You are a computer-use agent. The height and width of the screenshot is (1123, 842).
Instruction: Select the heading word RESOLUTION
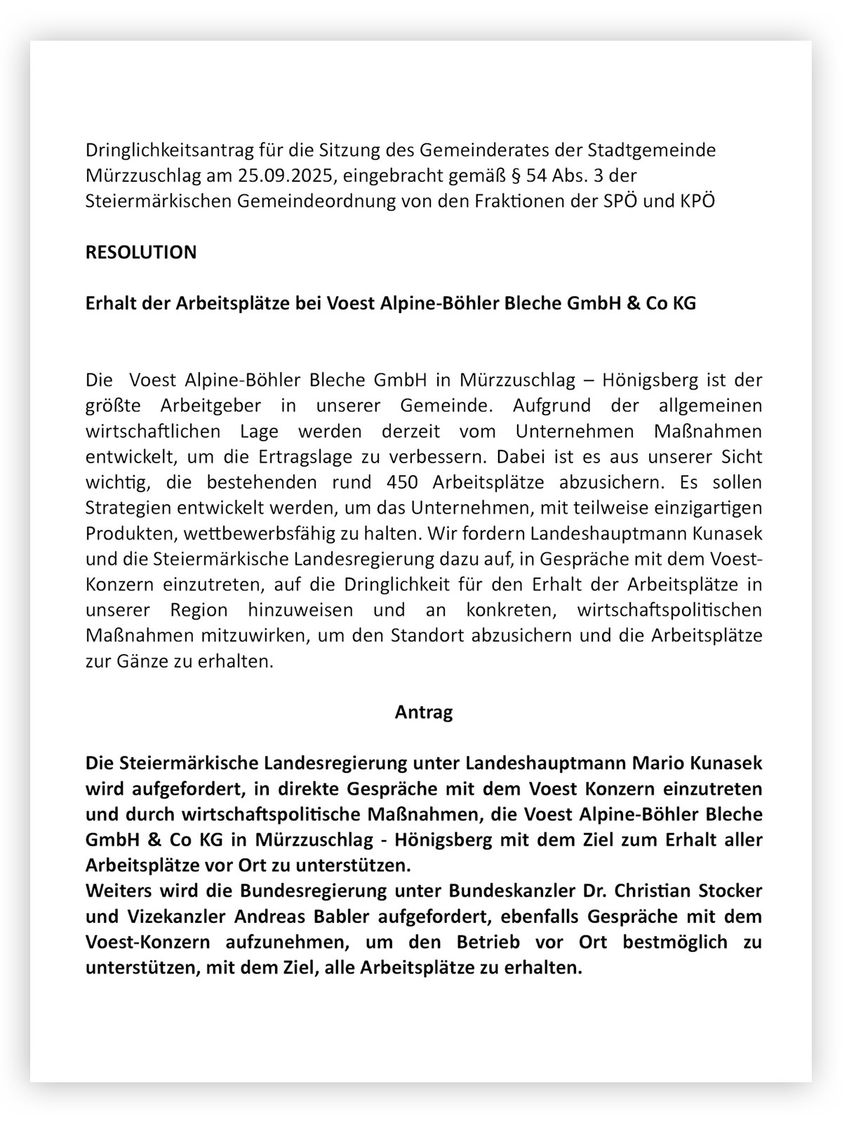click(141, 252)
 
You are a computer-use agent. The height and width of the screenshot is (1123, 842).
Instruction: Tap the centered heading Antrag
click(424, 712)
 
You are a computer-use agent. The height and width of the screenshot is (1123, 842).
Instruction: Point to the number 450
click(403, 483)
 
